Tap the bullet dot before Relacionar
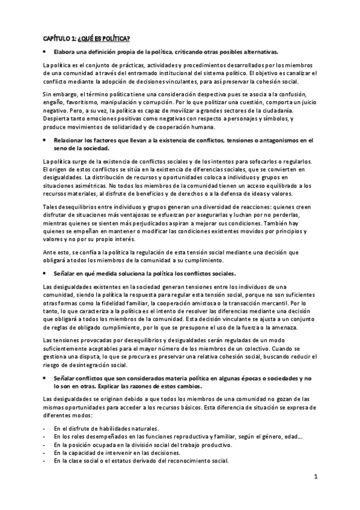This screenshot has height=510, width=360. tap(46, 140)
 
